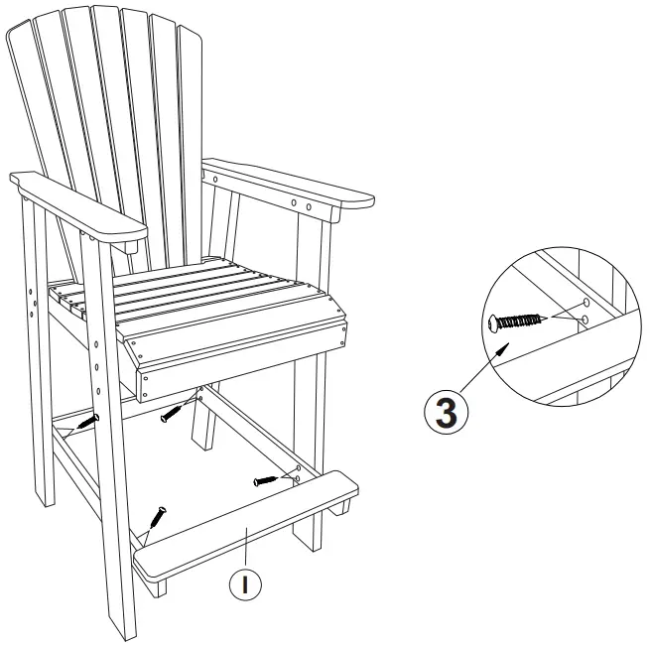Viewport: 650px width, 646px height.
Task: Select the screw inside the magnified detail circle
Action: coord(517,322)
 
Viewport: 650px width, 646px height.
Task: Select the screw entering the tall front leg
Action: coord(90,422)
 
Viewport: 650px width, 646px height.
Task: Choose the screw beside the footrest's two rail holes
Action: coord(269,481)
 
